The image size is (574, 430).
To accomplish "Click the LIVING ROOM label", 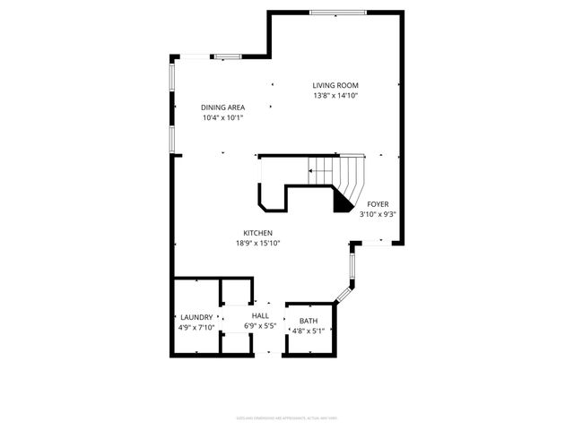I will (x=342, y=85).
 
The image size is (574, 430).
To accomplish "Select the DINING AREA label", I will (x=222, y=107).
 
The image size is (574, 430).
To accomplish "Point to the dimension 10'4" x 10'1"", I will (x=222, y=118).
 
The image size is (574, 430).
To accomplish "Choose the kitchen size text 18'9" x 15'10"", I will (x=258, y=243).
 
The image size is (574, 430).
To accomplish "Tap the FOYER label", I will (x=378, y=203).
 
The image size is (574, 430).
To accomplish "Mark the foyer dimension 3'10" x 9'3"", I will (x=378, y=214).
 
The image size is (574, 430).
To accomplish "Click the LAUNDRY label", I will (x=196, y=317).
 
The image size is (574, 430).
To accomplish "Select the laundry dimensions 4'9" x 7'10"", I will (x=196, y=328).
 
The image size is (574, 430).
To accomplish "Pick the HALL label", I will (x=260, y=316).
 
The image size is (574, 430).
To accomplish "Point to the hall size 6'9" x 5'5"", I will (x=260, y=327).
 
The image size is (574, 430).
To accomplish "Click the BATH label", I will (x=309, y=320).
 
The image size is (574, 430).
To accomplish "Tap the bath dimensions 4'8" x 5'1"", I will (x=309, y=331).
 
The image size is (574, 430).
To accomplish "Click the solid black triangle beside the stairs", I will (x=342, y=202).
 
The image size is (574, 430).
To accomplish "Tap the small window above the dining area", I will (x=227, y=57).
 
